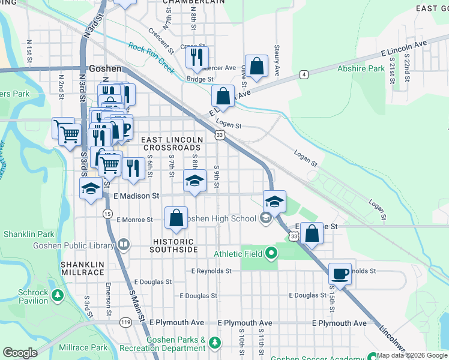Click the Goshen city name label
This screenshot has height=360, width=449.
pyautogui.click(x=105, y=68)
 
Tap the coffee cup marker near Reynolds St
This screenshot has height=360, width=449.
pyautogui.click(x=340, y=274)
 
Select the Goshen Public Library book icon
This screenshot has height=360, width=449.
pyautogui.click(x=123, y=245)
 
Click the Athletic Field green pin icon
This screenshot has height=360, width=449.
pyautogui.click(x=271, y=254)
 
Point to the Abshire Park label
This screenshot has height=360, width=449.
pyautogui.click(x=361, y=68)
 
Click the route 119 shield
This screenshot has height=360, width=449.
pyautogui.click(x=125, y=322)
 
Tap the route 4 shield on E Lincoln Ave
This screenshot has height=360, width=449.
pyautogui.click(x=304, y=74)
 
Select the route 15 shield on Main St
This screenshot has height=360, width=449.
pyautogui.click(x=107, y=214)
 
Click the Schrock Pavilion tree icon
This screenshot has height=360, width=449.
pyautogui.click(x=57, y=295)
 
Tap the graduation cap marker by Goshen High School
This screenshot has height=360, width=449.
pyautogui.click(x=274, y=202)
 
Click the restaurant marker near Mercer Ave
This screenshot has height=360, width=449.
pyautogui.click(x=196, y=57)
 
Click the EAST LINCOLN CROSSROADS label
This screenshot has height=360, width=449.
pyautogui.click(x=170, y=143)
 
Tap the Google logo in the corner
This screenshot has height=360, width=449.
pyautogui.click(x=20, y=353)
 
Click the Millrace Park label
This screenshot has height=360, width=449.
pyautogui.click(x=83, y=347)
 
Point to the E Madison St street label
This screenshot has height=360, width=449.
pyautogui.click(x=136, y=196)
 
